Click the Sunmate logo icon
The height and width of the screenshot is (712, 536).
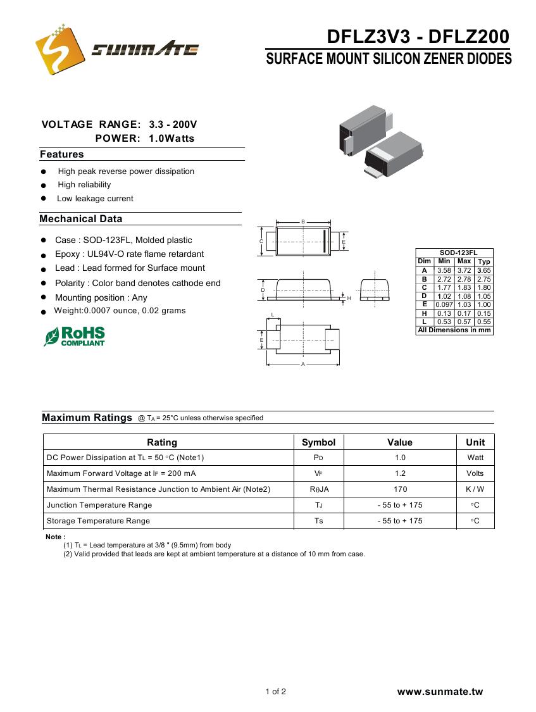coord(59,49)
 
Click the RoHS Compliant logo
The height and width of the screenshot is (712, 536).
coord(75,336)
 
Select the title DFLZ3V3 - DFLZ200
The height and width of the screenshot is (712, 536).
coord(418,37)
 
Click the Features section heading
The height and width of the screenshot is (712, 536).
coord(62,154)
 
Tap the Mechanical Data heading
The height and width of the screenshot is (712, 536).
coord(81,219)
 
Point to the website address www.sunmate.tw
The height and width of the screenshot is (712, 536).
coord(440,692)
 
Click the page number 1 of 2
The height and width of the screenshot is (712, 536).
coord(276,692)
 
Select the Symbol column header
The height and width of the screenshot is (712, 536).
coord(318,442)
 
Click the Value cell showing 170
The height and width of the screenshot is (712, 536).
coord(400,489)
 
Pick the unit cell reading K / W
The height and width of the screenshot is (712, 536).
coord(475,489)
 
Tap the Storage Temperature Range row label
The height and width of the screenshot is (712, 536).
coord(99,521)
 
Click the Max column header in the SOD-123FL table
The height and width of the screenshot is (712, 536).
coord(464,261)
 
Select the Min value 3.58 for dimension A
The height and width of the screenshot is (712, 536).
coord(444,270)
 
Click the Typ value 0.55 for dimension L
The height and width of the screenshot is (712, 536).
coord(484,322)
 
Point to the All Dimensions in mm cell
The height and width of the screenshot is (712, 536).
coord(454,330)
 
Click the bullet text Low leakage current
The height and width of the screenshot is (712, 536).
coord(95,199)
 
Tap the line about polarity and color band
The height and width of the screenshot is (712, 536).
coord(137,283)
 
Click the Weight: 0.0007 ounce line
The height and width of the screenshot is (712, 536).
coord(120,311)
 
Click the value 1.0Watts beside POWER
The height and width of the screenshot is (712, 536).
coord(171,139)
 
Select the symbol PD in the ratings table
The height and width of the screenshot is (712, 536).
coord(318,458)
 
